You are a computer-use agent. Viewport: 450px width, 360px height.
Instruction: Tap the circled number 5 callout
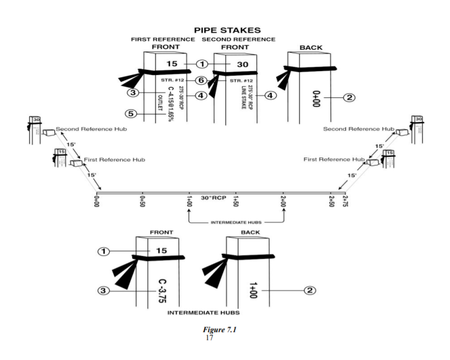point(132,114)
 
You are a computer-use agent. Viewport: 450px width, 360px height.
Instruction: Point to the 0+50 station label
point(142,201)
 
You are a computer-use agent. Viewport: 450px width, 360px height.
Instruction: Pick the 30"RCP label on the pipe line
point(213,198)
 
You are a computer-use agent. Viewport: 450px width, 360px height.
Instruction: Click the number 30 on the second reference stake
point(242,64)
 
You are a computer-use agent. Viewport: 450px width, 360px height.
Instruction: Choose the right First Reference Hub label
point(334,159)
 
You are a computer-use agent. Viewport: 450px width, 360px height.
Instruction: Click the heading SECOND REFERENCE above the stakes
point(238,39)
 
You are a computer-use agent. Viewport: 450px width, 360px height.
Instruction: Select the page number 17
point(209,338)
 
